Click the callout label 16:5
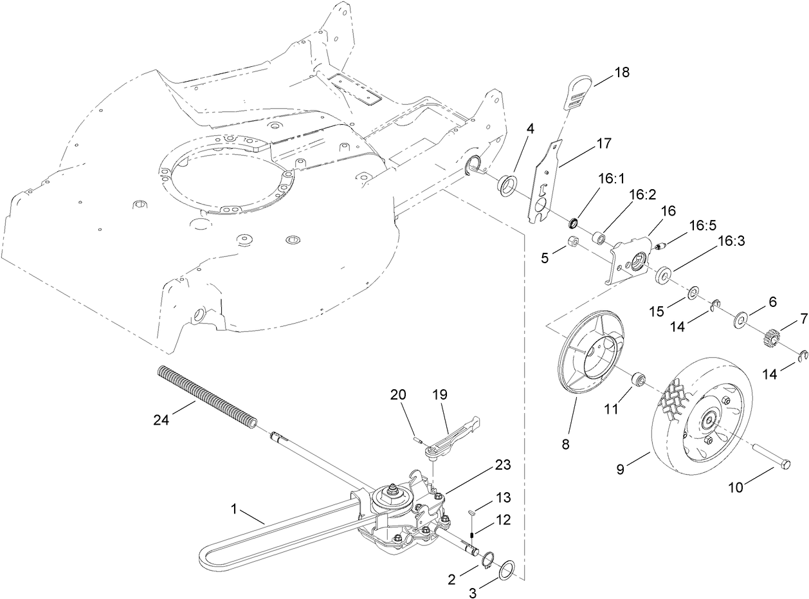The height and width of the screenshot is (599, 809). click(x=702, y=226)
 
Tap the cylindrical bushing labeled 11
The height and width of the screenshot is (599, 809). click(x=638, y=379)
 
